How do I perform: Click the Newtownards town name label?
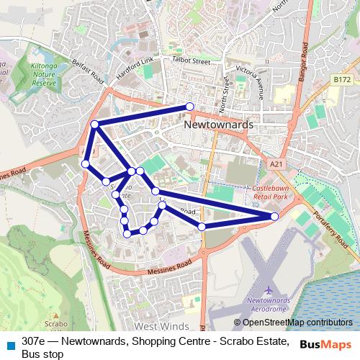219,125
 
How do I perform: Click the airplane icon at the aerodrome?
268,287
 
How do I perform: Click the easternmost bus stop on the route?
274,216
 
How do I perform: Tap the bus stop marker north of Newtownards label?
189,107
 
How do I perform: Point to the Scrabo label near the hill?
50,324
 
